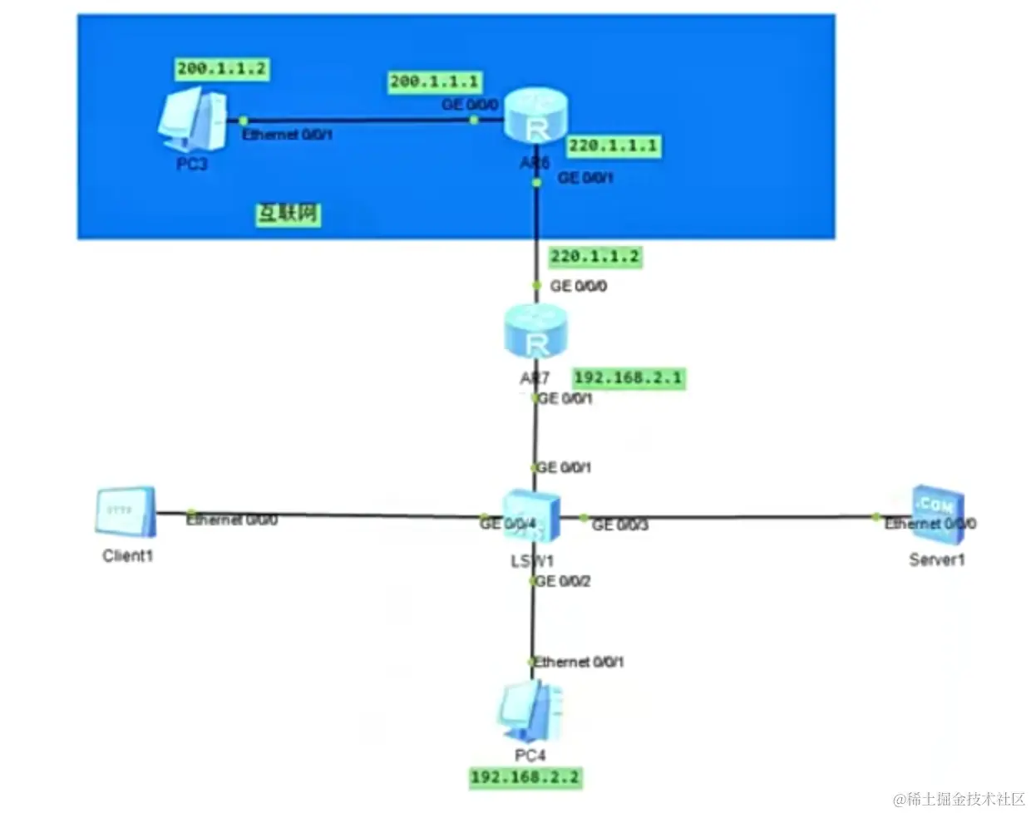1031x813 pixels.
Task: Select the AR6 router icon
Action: (537, 117)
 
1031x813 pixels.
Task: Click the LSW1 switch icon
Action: (531, 516)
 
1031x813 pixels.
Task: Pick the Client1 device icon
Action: (126, 510)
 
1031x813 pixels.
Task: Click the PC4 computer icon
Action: (530, 712)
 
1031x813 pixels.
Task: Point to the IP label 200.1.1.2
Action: (221, 69)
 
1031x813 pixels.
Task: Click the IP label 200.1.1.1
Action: (435, 81)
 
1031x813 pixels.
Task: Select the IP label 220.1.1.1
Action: (613, 146)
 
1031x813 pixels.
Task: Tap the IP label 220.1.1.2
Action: (594, 257)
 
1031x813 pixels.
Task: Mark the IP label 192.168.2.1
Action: (629, 378)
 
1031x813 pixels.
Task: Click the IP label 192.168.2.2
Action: (525, 778)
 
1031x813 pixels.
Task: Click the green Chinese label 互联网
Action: (288, 214)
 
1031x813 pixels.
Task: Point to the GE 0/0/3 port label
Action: (619, 525)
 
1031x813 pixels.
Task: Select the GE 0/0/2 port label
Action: (564, 581)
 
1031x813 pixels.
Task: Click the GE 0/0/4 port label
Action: (508, 524)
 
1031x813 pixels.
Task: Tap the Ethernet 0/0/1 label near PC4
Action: (580, 662)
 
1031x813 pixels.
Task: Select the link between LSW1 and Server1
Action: (732, 516)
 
